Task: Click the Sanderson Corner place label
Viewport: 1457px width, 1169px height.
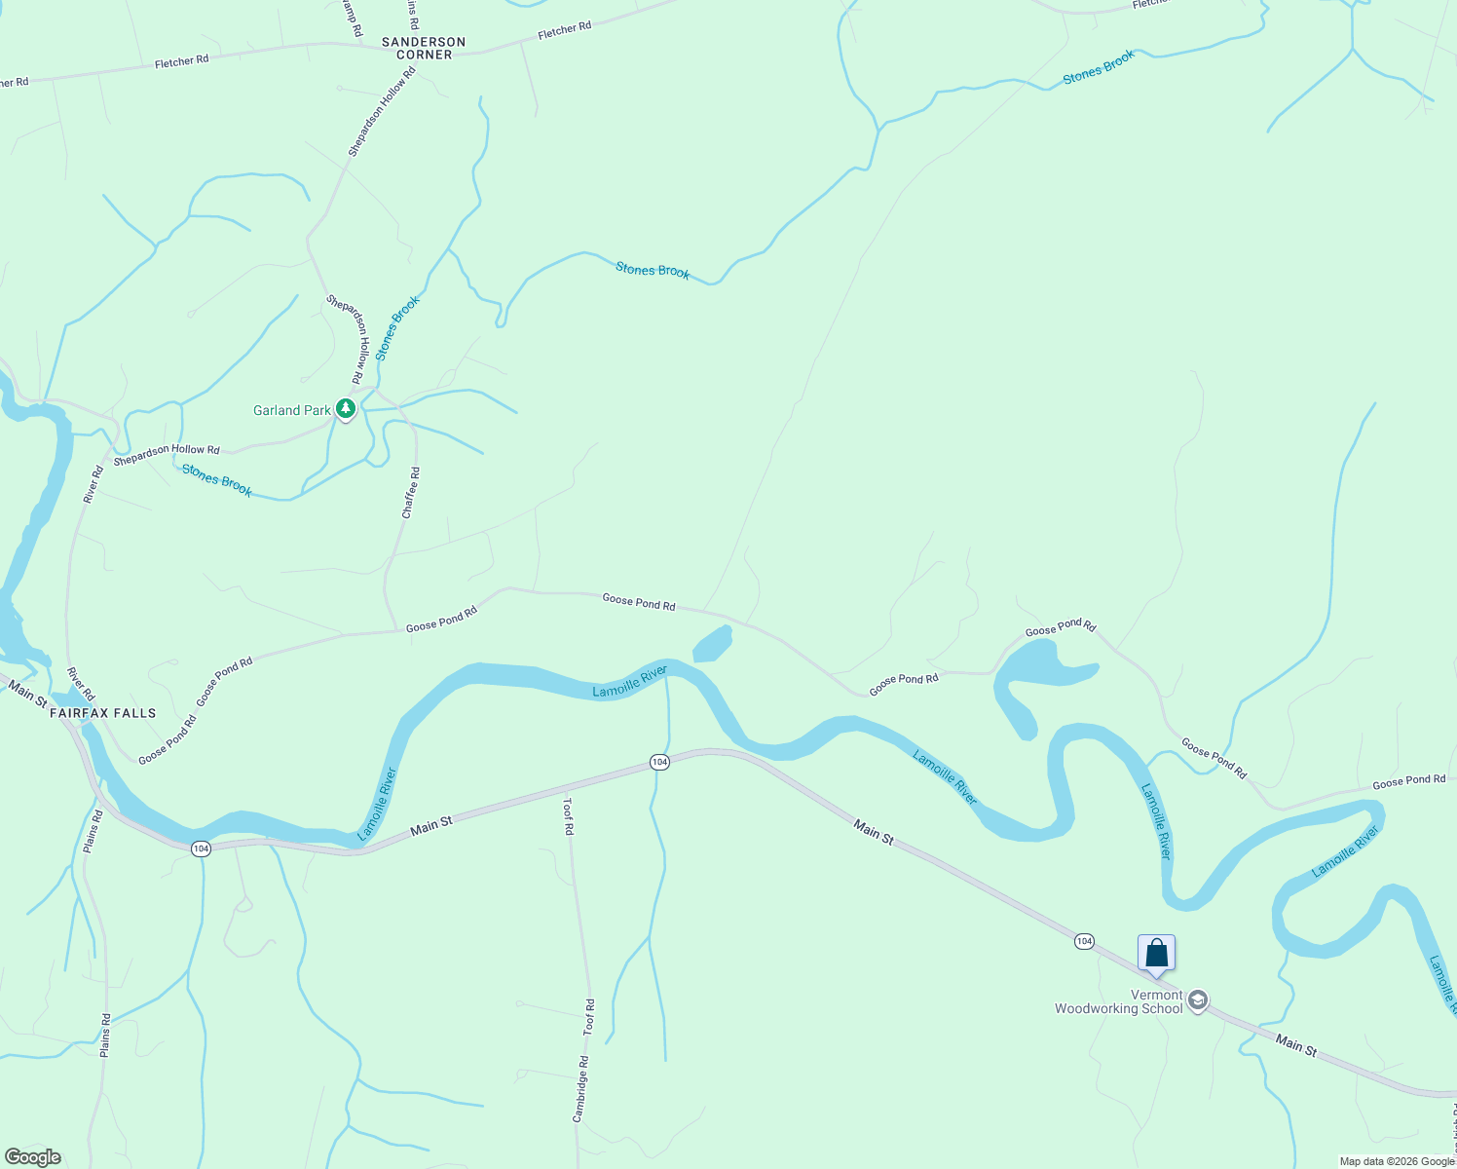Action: [424, 48]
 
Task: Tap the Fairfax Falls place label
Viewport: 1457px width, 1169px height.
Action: [102, 713]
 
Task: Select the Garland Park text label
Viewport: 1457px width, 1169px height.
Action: [291, 410]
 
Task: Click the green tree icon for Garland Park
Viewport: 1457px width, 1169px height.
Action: [345, 408]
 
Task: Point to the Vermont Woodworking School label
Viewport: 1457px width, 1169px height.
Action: [1118, 1001]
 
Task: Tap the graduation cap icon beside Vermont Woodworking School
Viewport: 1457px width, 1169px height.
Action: [1198, 1000]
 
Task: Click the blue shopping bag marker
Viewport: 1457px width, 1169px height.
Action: [1156, 953]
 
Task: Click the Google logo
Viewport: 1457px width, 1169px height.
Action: [33, 1157]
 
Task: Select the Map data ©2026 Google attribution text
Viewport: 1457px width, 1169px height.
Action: [1397, 1161]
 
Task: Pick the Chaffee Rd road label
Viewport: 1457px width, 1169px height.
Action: [411, 492]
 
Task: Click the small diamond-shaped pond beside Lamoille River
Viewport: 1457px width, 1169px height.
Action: [712, 644]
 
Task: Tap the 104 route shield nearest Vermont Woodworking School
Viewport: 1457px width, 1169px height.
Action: [1084, 941]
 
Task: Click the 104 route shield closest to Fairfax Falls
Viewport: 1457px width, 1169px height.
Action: [201, 848]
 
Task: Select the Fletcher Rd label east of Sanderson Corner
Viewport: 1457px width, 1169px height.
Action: [565, 30]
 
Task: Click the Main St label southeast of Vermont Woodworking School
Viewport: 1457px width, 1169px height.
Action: [1295, 1046]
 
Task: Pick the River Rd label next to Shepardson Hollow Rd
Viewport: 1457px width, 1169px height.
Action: [93, 484]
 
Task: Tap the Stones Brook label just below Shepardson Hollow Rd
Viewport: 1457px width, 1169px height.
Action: [217, 480]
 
